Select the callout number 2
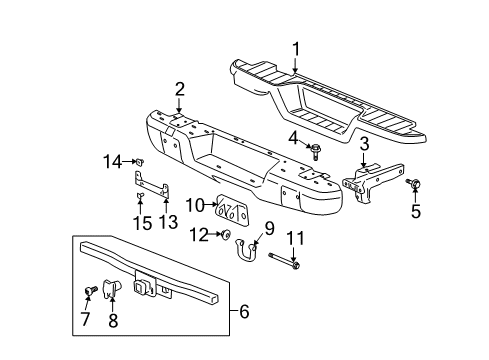[x=180, y=90]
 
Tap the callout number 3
[x=364, y=144]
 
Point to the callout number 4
[x=293, y=135]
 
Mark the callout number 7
[x=83, y=320]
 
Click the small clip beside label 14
[x=141, y=161]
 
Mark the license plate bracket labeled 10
[x=234, y=211]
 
